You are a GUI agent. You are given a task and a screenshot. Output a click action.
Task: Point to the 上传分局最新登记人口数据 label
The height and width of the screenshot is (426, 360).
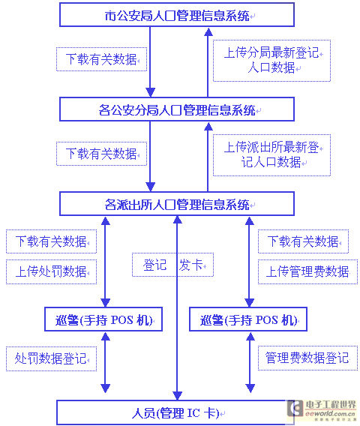pyautogui.click(x=271, y=60)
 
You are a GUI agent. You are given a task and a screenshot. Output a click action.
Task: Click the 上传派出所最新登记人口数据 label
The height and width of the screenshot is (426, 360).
pyautogui.click(x=271, y=154)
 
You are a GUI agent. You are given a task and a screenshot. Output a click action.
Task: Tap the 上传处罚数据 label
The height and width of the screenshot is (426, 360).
pyautogui.click(x=51, y=271)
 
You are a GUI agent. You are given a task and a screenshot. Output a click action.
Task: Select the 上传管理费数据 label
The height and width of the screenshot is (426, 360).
pyautogui.click(x=307, y=271)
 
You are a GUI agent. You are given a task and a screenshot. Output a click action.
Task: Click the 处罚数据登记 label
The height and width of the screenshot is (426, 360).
pyautogui.click(x=51, y=358)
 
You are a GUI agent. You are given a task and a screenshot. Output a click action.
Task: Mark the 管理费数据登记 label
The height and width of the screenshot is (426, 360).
pyautogui.click(x=307, y=358)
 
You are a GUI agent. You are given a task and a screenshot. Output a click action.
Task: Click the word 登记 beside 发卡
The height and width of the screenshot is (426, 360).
pyautogui.click(x=154, y=265)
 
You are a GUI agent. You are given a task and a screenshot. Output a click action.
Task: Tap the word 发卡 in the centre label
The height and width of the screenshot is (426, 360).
pyautogui.click(x=190, y=265)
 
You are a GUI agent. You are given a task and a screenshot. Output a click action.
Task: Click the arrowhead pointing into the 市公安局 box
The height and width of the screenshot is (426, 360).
pyautogui.click(x=208, y=32)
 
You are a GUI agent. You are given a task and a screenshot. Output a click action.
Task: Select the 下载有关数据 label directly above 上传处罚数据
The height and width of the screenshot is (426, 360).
pyautogui.click(x=51, y=241)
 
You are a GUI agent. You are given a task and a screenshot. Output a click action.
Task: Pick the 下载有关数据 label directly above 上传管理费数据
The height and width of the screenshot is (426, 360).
pyautogui.click(x=303, y=241)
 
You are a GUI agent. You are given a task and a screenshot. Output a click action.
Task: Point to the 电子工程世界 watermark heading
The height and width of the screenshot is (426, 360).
pyautogui.click(x=331, y=405)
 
